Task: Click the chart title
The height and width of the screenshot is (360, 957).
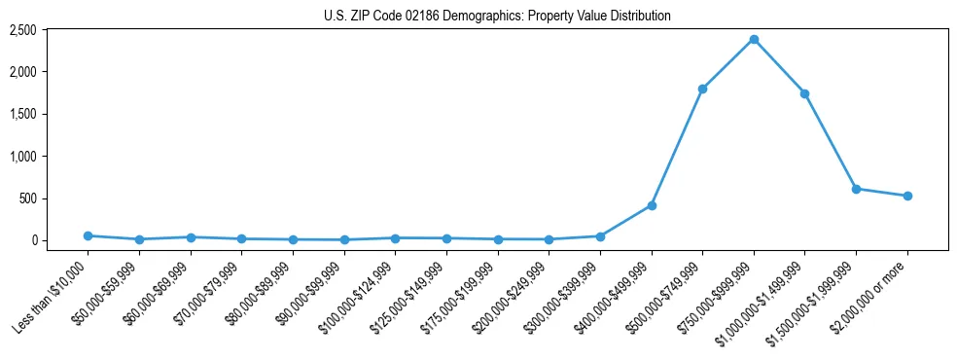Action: [497, 16]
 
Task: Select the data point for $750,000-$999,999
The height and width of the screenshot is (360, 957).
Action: [754, 39]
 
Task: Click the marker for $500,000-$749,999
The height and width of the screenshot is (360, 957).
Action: [702, 89]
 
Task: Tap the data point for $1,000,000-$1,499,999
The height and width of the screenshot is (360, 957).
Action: [804, 93]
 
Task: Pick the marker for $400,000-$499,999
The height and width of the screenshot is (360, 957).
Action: [652, 205]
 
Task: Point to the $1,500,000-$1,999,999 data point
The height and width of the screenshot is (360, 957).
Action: [856, 189]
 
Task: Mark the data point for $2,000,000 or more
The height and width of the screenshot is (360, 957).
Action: [907, 196]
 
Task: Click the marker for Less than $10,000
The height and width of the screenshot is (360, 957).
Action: [88, 235]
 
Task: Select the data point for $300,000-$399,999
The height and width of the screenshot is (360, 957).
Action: [600, 236]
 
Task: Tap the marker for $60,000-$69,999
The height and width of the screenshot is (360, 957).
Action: [191, 237]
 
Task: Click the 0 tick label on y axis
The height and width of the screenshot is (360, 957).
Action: [61, 240]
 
